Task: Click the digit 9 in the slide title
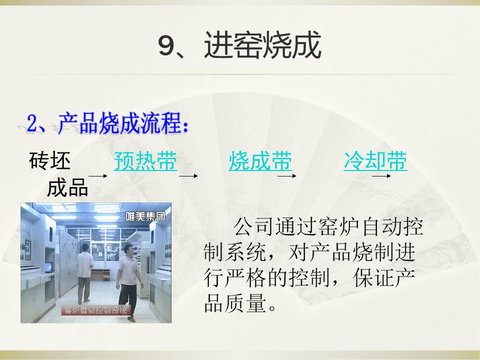[166, 45]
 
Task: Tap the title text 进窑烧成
[262, 45]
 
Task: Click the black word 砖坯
[50, 160]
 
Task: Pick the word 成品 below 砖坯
[67, 187]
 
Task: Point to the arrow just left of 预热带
[98, 176]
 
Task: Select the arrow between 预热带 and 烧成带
[188, 176]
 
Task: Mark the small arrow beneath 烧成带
[287, 176]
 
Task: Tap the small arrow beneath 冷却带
[381, 176]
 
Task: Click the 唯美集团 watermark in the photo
[145, 216]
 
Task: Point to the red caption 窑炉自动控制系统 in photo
[95, 310]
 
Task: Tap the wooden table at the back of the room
[100, 274]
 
